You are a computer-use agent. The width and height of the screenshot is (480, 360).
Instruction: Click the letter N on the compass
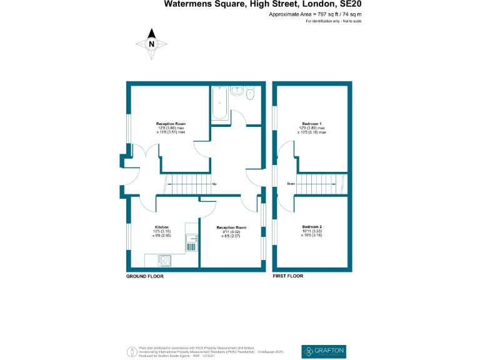pyautogui.click(x=151, y=44)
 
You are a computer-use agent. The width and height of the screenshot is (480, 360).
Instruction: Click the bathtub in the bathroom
pyautogui.click(x=219, y=103)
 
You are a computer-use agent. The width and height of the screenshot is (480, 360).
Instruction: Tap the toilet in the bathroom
pyautogui.click(x=250, y=94)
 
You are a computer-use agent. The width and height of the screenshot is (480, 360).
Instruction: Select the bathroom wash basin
pyautogui.click(x=236, y=91)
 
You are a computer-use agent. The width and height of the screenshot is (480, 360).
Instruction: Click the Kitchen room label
pyautogui.click(x=162, y=227)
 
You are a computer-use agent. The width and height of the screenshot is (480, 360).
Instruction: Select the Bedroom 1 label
pyautogui.click(x=312, y=124)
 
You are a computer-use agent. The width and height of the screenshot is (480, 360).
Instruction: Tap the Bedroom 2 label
pyautogui.click(x=312, y=226)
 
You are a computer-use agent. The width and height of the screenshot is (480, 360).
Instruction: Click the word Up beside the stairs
pyautogui.click(x=214, y=184)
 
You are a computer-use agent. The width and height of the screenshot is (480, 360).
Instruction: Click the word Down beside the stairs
pyautogui.click(x=291, y=184)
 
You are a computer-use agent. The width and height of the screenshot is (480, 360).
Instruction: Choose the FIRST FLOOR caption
pyautogui.click(x=288, y=276)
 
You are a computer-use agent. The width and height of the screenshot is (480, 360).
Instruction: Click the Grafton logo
pyautogui.click(x=323, y=351)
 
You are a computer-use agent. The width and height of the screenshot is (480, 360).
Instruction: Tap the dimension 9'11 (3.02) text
pyautogui.click(x=231, y=232)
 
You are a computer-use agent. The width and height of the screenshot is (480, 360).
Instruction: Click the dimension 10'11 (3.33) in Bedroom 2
pyautogui.click(x=312, y=231)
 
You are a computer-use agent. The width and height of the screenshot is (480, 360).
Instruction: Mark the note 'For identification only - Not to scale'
pyautogui.click(x=334, y=21)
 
